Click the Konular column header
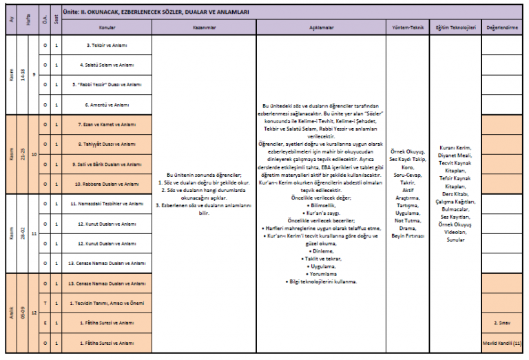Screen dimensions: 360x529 107,29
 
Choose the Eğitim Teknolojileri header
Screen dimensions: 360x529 455,29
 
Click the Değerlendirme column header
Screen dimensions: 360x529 502,29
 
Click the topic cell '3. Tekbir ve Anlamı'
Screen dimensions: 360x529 107,45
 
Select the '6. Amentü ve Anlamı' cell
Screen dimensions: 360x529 107,105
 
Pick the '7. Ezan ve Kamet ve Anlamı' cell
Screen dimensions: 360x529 107,125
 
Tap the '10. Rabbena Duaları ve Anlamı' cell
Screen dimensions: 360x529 107,184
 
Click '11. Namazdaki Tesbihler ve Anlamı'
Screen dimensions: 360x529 107,204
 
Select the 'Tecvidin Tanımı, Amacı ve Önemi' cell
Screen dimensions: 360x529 107,303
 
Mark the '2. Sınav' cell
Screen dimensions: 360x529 502,323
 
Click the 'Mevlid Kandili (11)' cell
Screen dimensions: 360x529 502,343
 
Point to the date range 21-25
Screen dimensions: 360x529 23,155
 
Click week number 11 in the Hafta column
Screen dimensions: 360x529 34,234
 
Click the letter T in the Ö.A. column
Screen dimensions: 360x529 45,303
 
